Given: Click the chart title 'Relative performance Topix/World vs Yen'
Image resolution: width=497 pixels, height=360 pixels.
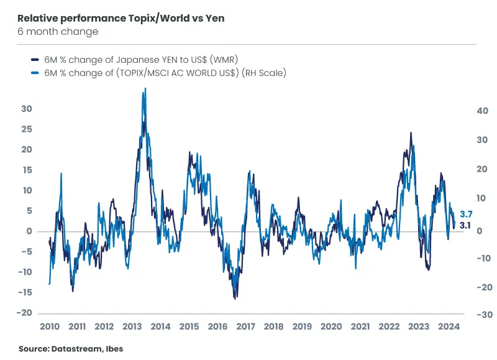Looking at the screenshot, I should (121, 19).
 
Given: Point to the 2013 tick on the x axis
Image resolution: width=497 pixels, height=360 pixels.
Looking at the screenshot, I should (132, 327).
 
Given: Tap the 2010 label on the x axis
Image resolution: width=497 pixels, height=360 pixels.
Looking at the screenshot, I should (49, 327).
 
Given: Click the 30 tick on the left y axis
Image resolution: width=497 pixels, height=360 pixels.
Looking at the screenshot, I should (26, 109).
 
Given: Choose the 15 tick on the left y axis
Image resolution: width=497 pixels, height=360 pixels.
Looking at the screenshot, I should (26, 170).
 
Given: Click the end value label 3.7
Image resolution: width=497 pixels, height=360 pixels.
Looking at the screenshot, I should (466, 214).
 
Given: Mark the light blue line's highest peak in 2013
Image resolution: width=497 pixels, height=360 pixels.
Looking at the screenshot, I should (145, 88).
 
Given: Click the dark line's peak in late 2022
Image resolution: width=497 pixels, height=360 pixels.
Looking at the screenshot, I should (411, 132).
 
